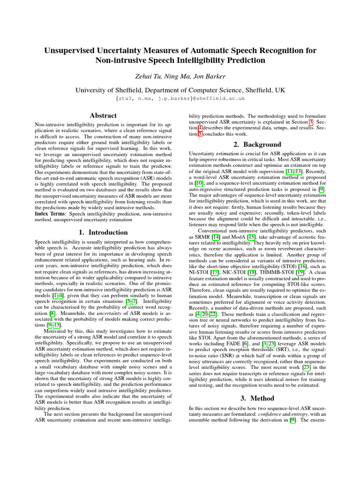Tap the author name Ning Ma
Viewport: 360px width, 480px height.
tap(177, 76)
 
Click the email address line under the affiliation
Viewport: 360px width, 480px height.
tap(180, 98)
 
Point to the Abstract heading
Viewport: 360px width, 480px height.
tap(103, 115)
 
